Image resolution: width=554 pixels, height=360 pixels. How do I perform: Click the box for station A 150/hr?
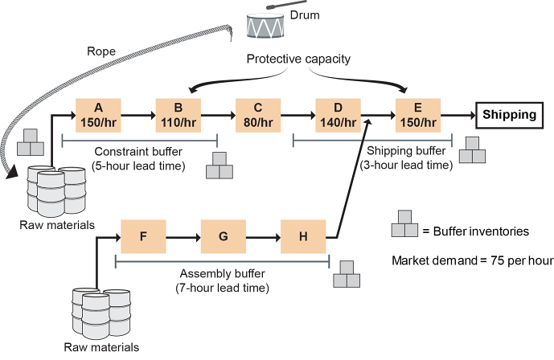click(x=97, y=116)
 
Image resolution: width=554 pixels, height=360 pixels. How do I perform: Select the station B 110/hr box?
click(x=178, y=116)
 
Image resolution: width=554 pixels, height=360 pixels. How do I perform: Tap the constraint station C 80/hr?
click(x=258, y=116)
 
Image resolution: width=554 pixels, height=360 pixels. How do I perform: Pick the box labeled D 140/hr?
click(x=339, y=116)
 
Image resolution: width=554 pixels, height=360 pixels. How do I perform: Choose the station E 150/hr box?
click(x=418, y=116)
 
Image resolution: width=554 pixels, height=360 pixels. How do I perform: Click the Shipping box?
click(x=509, y=115)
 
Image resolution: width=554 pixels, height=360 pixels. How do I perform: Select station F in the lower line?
click(x=143, y=237)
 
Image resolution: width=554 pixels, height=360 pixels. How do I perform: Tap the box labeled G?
click(x=224, y=237)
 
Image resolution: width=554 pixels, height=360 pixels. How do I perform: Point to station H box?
click(x=303, y=237)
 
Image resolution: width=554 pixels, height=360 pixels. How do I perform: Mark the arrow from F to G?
click(x=183, y=237)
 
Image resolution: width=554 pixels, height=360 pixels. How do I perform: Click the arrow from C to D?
click(x=298, y=116)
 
